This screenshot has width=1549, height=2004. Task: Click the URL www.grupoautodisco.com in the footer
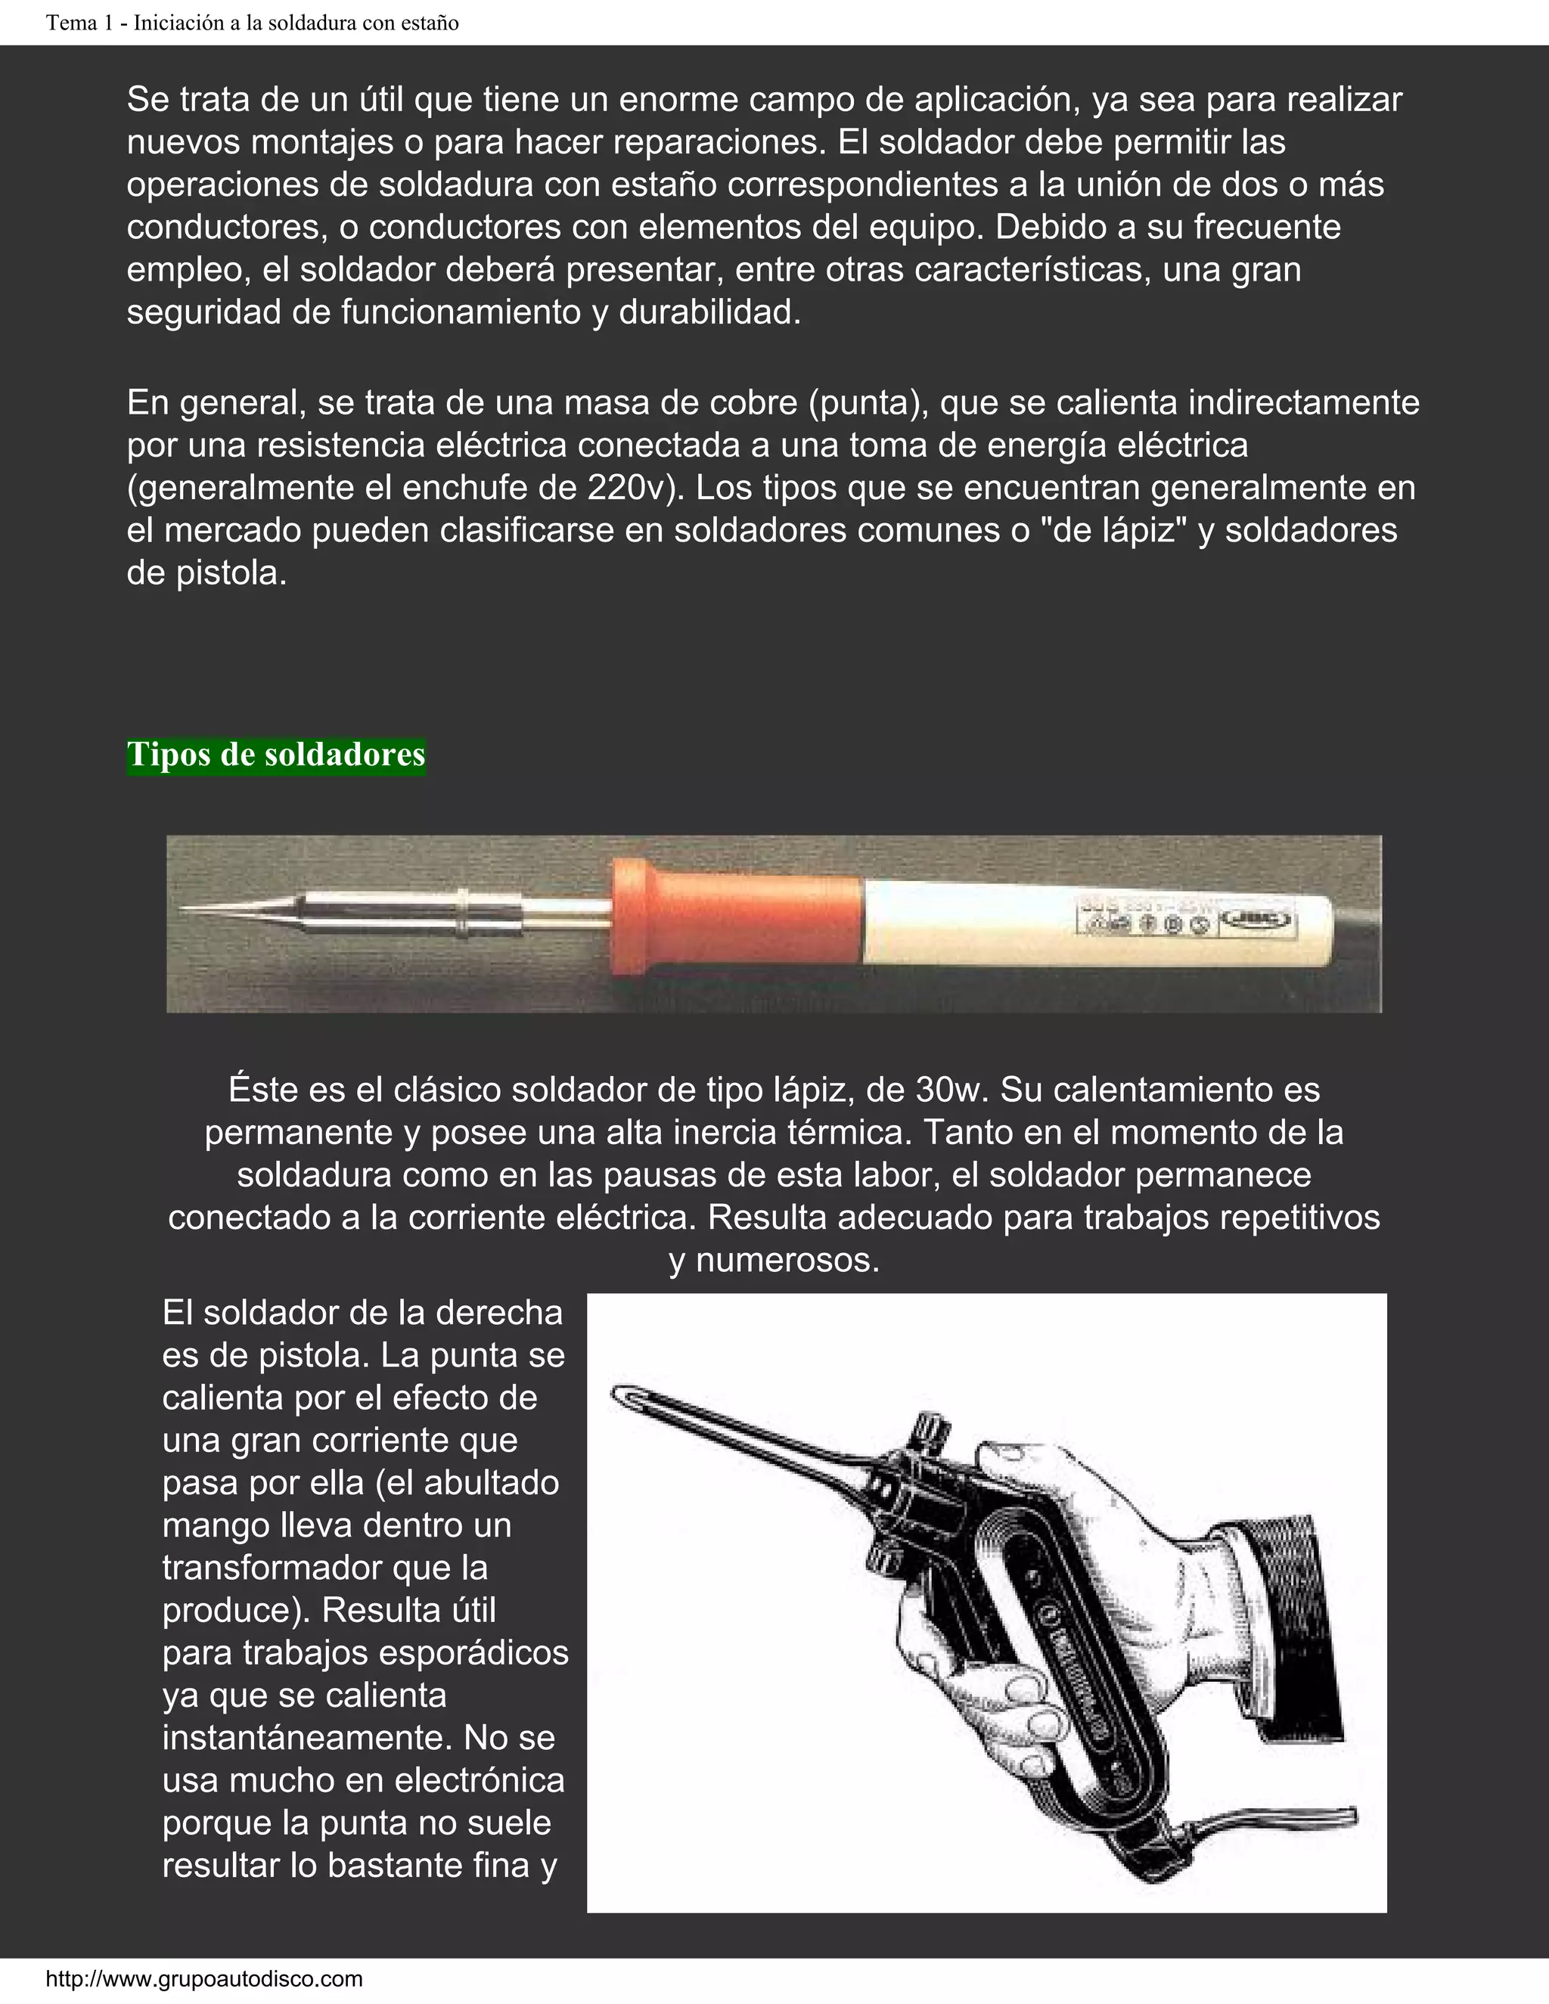click(203, 1978)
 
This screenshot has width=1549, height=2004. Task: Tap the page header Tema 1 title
click(253, 23)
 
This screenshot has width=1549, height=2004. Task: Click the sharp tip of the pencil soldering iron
click(188, 908)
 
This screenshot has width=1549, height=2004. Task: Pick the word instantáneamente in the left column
click(307, 1738)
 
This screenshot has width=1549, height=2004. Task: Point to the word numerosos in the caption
click(787, 1260)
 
